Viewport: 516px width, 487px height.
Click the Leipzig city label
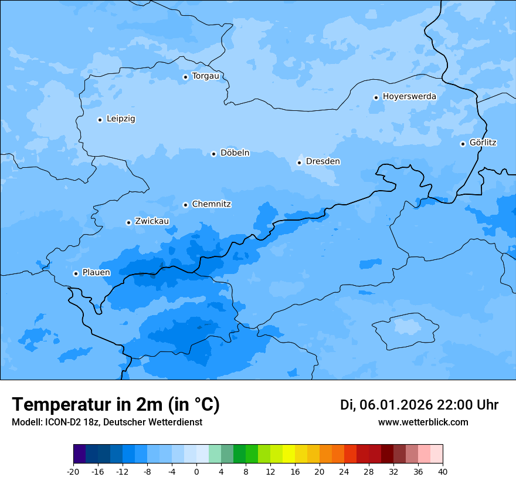click(x=121, y=119)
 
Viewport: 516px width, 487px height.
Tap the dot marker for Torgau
click(x=185, y=77)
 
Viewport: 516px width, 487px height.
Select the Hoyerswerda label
click(x=409, y=96)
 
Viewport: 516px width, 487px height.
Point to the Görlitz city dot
click(x=463, y=144)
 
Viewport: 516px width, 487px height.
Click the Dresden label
click(x=322, y=161)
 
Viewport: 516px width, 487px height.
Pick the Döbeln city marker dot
click(x=213, y=154)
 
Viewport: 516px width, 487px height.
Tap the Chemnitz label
click(x=211, y=204)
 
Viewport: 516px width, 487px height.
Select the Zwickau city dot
click(x=128, y=222)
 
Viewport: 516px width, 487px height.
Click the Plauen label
click(x=96, y=272)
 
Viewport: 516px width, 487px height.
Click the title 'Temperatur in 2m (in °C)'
click(x=116, y=404)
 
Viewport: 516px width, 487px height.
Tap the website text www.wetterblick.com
click(x=423, y=422)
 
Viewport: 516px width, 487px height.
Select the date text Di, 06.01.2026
click(x=386, y=405)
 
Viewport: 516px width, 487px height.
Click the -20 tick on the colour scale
click(x=73, y=471)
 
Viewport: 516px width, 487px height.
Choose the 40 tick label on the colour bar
click(x=442, y=471)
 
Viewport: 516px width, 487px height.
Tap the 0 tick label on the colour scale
click(x=196, y=471)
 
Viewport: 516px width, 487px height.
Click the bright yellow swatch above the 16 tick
click(x=288, y=454)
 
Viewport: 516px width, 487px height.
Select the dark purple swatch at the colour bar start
click(x=79, y=454)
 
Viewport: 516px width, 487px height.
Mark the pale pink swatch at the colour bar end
click(x=436, y=454)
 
